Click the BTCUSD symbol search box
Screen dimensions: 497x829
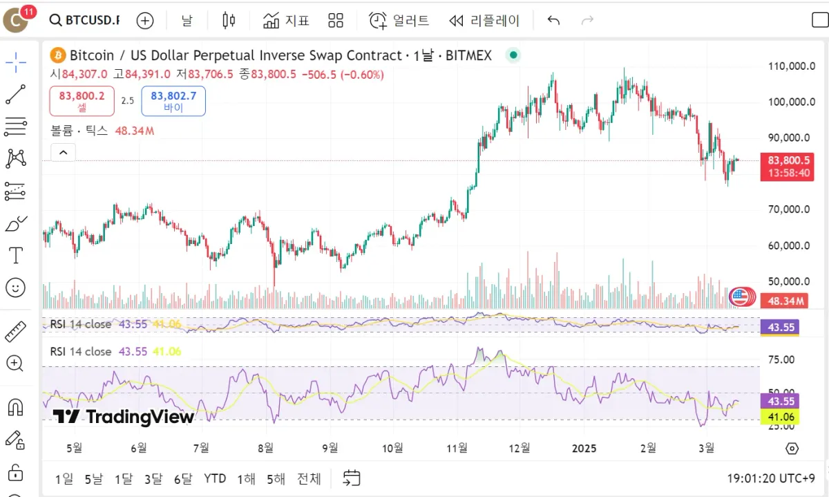[x=85, y=21]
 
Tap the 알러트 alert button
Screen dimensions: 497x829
[x=399, y=21]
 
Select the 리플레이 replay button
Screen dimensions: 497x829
[x=484, y=21]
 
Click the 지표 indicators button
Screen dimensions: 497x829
[x=287, y=21]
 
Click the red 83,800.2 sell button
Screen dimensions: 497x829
[x=82, y=101]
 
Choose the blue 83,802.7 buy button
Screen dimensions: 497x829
[x=173, y=101]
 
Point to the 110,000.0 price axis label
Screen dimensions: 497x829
[x=792, y=66]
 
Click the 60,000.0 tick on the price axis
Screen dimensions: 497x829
[x=792, y=245]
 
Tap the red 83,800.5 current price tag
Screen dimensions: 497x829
[x=787, y=160]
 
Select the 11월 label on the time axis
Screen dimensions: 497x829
[x=457, y=448]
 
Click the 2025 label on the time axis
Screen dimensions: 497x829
[x=584, y=448]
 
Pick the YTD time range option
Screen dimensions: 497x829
[x=215, y=478]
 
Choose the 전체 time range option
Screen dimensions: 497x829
[x=309, y=478]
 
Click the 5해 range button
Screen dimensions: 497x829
[x=276, y=478]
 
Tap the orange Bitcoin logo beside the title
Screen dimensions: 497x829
[x=57, y=55]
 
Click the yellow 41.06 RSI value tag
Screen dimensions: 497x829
[x=780, y=416]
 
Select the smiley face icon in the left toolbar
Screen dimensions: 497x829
[x=15, y=287]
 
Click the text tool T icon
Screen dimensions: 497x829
[x=15, y=255]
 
